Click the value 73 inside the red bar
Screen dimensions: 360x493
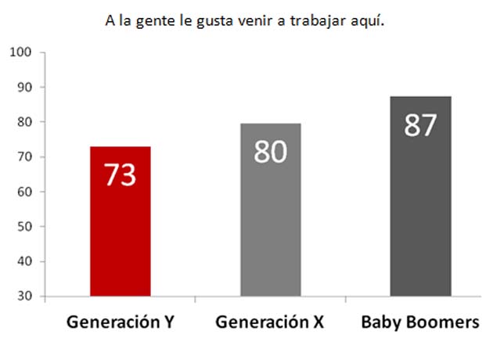[121, 175]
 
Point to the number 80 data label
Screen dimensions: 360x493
[271, 151]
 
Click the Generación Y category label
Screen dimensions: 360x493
[120, 322]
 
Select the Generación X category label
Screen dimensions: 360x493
[269, 322]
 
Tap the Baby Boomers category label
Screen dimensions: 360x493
[419, 322]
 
